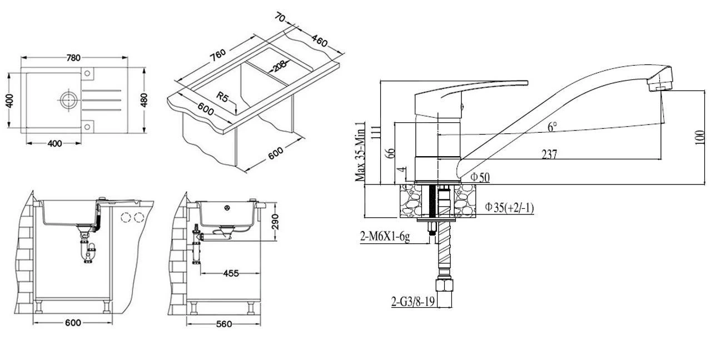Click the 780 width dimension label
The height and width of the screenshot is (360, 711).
click(x=73, y=58)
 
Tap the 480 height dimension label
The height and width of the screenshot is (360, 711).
click(x=144, y=100)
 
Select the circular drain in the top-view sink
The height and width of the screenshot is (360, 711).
click(x=68, y=100)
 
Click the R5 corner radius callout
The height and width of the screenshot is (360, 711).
click(x=222, y=97)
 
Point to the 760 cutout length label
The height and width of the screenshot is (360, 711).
click(x=218, y=56)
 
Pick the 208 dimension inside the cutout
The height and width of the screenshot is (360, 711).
click(x=279, y=67)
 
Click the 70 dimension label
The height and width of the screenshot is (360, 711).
click(x=280, y=17)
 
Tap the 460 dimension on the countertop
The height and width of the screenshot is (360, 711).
click(x=319, y=41)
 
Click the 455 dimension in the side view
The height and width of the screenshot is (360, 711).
click(x=231, y=273)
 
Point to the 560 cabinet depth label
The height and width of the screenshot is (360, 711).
click(x=224, y=324)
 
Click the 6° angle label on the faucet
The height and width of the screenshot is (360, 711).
click(x=552, y=127)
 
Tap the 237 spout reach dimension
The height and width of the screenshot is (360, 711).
click(x=549, y=154)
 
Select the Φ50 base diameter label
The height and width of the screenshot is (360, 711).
click(x=480, y=177)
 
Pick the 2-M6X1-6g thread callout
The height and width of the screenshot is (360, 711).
click(x=385, y=236)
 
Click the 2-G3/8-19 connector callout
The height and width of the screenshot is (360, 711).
click(x=412, y=301)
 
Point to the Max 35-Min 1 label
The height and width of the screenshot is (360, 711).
click(x=360, y=152)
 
